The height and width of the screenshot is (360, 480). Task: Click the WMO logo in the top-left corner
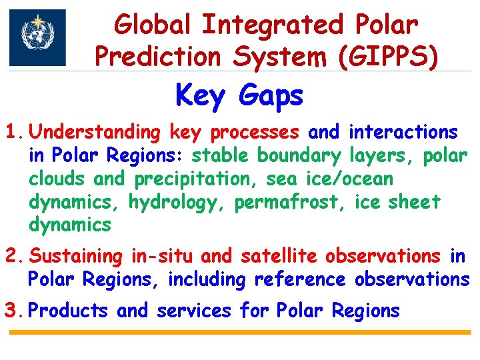coord(38,37)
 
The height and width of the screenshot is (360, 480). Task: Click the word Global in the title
coord(152,25)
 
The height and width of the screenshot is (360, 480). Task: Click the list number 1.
coord(14,132)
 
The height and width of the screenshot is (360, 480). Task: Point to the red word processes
coord(255,133)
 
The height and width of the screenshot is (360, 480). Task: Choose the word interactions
coord(403,132)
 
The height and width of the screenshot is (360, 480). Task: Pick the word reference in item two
coord(300,279)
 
